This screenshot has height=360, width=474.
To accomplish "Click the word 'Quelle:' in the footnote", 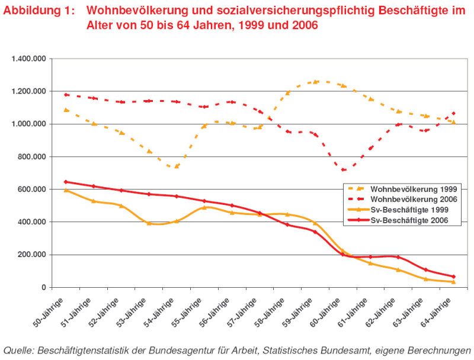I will (18, 349).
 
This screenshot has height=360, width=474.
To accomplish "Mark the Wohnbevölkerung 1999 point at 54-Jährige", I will (177, 166).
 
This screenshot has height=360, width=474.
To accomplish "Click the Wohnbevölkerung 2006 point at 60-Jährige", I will (343, 170).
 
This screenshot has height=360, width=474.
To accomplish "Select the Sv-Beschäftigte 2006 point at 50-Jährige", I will (66, 182).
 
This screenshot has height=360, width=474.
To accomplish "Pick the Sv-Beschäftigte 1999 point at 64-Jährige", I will (453, 282).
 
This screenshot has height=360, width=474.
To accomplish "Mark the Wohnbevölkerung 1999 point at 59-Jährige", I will (315, 82).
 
